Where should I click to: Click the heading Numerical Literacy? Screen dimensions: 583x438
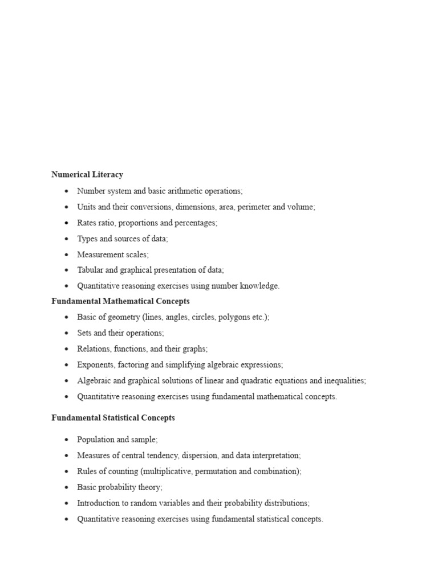[87, 175]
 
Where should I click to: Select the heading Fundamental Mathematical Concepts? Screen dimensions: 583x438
[120, 301]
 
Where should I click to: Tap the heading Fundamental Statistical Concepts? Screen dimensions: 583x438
[113, 418]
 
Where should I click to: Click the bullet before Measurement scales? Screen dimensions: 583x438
[67, 255]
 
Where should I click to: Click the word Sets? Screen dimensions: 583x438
[84, 333]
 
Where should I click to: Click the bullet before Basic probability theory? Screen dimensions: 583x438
[67, 488]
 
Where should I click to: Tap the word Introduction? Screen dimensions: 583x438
[99, 504]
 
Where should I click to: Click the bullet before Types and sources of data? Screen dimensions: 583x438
[67, 239]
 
